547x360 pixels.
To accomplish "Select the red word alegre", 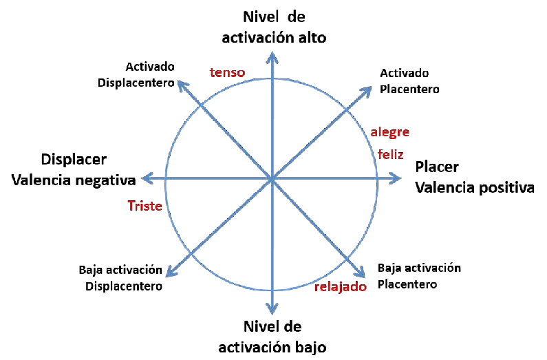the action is pyautogui.click(x=390, y=131).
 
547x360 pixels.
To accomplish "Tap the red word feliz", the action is pyautogui.click(x=390, y=155).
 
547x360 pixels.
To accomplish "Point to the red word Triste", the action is pyautogui.click(x=144, y=205).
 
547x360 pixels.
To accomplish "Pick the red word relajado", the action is pyautogui.click(x=341, y=286).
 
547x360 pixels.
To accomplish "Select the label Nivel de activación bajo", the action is pyautogui.click(x=272, y=336).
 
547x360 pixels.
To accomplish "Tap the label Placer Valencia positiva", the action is pyautogui.click(x=474, y=178).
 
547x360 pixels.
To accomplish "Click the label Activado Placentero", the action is pyautogui.click(x=409, y=81).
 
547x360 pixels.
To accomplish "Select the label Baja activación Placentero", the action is pyautogui.click(x=420, y=275).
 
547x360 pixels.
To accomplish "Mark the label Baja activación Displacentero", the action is pyautogui.click(x=121, y=278).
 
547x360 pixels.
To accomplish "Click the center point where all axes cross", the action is pyautogui.click(x=273, y=179).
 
